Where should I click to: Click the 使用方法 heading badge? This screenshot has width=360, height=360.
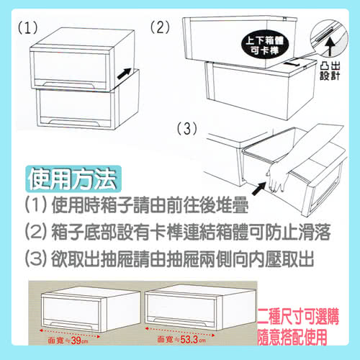click(73, 179)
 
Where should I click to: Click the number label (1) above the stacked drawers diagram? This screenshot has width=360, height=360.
click(28, 27)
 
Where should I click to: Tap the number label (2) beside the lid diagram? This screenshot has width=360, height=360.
click(160, 27)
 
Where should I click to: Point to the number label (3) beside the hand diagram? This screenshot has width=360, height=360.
click(186, 129)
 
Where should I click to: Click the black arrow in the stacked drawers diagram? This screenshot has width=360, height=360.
click(125, 73)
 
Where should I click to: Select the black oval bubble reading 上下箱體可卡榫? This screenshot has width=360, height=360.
click(265, 45)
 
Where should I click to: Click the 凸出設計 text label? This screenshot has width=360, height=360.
click(330, 71)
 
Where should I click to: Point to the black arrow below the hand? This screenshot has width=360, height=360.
click(259, 189)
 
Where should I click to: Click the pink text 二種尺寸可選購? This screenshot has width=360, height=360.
click(298, 317)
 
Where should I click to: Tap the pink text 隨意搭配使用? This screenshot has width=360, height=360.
click(292, 337)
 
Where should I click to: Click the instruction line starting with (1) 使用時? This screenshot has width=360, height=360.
click(137, 205)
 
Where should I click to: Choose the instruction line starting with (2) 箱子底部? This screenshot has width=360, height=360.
click(178, 232)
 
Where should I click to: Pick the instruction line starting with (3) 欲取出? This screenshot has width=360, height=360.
click(170, 259)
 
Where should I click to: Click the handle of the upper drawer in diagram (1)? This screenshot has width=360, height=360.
click(68, 84)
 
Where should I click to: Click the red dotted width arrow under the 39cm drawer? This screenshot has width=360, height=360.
click(70, 333)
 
